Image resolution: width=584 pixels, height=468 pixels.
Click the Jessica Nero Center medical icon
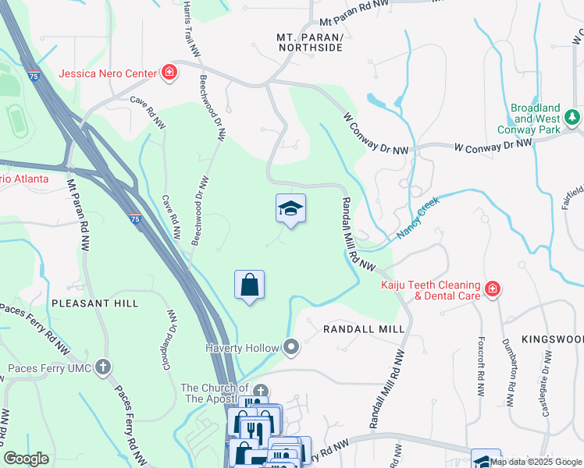169,75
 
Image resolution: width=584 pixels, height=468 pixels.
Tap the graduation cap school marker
290,208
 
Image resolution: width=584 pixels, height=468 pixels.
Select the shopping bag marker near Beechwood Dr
250,285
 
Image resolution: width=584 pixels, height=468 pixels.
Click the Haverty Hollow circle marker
292,347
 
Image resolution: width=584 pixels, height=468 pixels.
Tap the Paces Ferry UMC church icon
104,367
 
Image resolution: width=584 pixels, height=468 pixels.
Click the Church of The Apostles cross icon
261,392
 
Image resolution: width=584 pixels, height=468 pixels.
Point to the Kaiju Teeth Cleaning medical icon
492,289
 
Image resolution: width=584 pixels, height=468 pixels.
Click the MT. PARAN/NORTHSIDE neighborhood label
310,42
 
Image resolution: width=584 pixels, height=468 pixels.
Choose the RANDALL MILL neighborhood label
364,329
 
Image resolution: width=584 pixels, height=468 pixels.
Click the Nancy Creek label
418,218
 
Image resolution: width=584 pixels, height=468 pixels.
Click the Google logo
27,459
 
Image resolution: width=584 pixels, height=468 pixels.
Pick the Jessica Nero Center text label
108,75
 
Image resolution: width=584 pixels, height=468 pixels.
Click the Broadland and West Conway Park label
536,119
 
